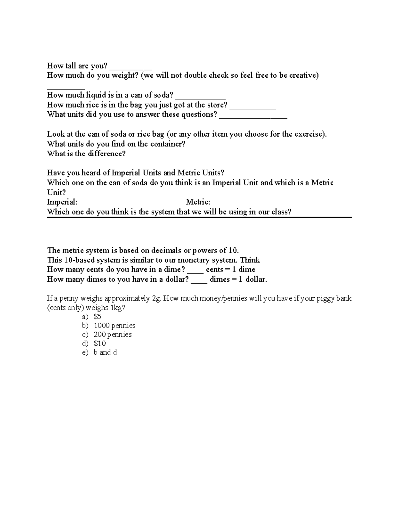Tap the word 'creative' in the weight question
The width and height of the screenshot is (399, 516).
click(x=302, y=75)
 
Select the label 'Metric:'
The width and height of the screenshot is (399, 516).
click(x=198, y=202)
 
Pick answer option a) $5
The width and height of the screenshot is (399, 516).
click(x=97, y=317)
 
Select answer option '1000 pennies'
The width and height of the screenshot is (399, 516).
click(x=115, y=326)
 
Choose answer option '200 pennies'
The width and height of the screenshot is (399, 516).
click(x=113, y=335)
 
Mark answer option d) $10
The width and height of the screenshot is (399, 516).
click(x=100, y=343)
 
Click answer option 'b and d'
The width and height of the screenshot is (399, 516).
click(x=105, y=352)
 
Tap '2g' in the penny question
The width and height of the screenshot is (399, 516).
click(x=156, y=298)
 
